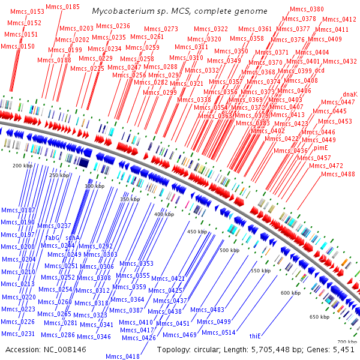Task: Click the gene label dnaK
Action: pyautogui.click(x=350, y=94)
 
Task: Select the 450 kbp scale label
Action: pyautogui.click(x=197, y=231)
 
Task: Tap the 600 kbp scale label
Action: pyautogui.click(x=290, y=293)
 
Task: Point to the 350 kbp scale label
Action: pyautogui.click(x=130, y=199)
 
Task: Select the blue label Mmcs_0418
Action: pyautogui.click(x=122, y=356)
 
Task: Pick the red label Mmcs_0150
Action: pyautogui.click(x=19, y=46)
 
